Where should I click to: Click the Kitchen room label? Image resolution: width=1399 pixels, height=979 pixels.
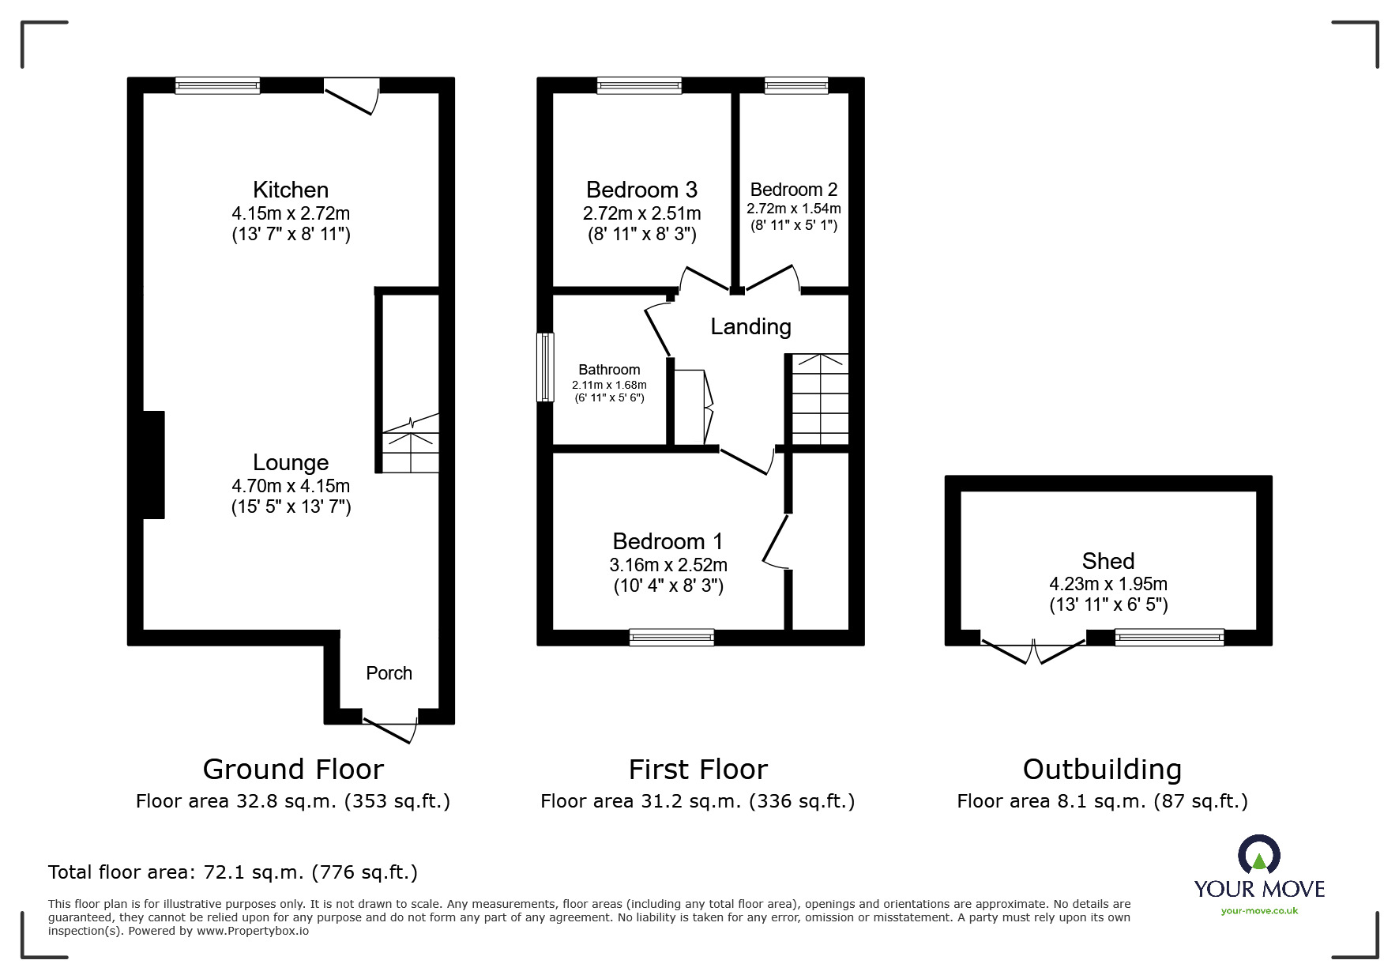(291, 190)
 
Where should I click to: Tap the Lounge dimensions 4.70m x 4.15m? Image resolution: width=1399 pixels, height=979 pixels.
(291, 486)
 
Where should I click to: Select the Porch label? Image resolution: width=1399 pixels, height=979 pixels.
(389, 673)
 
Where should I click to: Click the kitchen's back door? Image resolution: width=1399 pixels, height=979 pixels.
(352, 95)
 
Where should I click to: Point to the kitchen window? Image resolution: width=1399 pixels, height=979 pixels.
(217, 85)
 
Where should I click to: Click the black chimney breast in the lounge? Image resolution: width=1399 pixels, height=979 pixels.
(153, 465)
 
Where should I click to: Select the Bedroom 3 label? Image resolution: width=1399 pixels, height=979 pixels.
(641, 190)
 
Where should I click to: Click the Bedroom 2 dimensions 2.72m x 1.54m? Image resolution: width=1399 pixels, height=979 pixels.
(794, 209)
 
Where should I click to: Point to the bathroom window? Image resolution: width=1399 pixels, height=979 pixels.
(545, 367)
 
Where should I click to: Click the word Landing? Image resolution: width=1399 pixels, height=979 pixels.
(750, 326)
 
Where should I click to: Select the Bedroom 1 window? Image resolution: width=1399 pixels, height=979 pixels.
(671, 637)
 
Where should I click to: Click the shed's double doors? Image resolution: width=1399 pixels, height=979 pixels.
(1033, 650)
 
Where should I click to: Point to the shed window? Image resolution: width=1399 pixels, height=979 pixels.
(1169, 637)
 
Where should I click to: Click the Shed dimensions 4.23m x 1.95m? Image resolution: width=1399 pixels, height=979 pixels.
(1108, 584)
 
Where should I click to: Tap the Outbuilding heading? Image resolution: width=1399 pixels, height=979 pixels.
(1102, 769)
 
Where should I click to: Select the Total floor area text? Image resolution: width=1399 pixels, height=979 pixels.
(233, 872)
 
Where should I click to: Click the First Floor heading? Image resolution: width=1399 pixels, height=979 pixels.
(698, 769)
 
